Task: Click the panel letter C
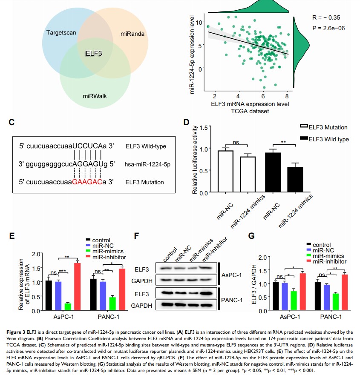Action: pyautogui.click(x=12, y=123)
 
